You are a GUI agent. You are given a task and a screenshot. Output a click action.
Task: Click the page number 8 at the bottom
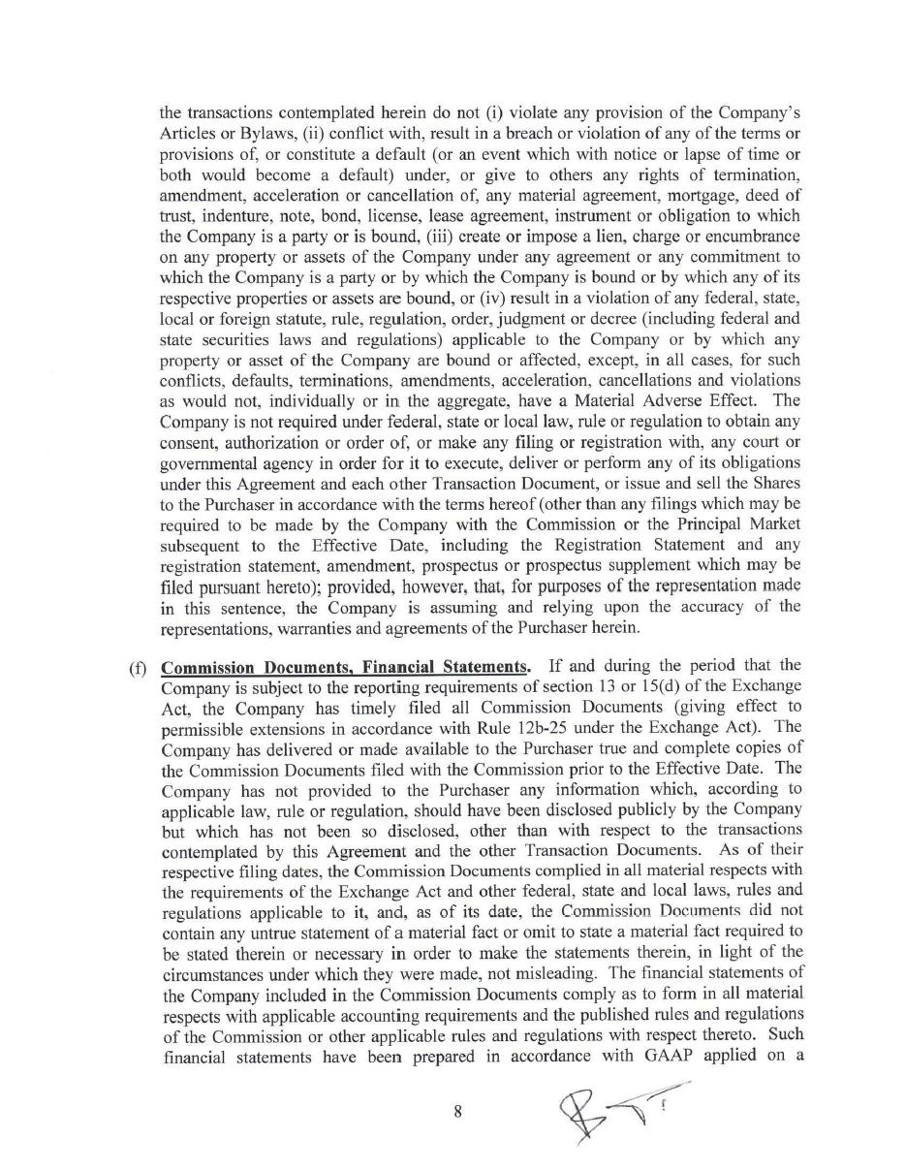[457, 1112]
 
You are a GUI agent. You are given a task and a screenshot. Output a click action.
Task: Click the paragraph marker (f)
[139, 667]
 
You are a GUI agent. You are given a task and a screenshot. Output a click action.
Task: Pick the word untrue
[277, 932]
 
